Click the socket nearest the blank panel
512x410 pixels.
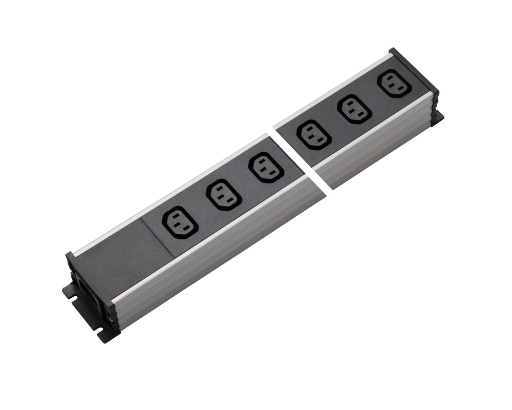pyautogui.click(x=180, y=222)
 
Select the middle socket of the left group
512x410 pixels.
pyautogui.click(x=223, y=194)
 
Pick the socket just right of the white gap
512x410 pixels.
pyautogui.click(x=313, y=134)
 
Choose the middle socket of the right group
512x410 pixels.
pyautogui.click(x=354, y=109)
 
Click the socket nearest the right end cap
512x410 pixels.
pyautogui.click(x=395, y=83)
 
